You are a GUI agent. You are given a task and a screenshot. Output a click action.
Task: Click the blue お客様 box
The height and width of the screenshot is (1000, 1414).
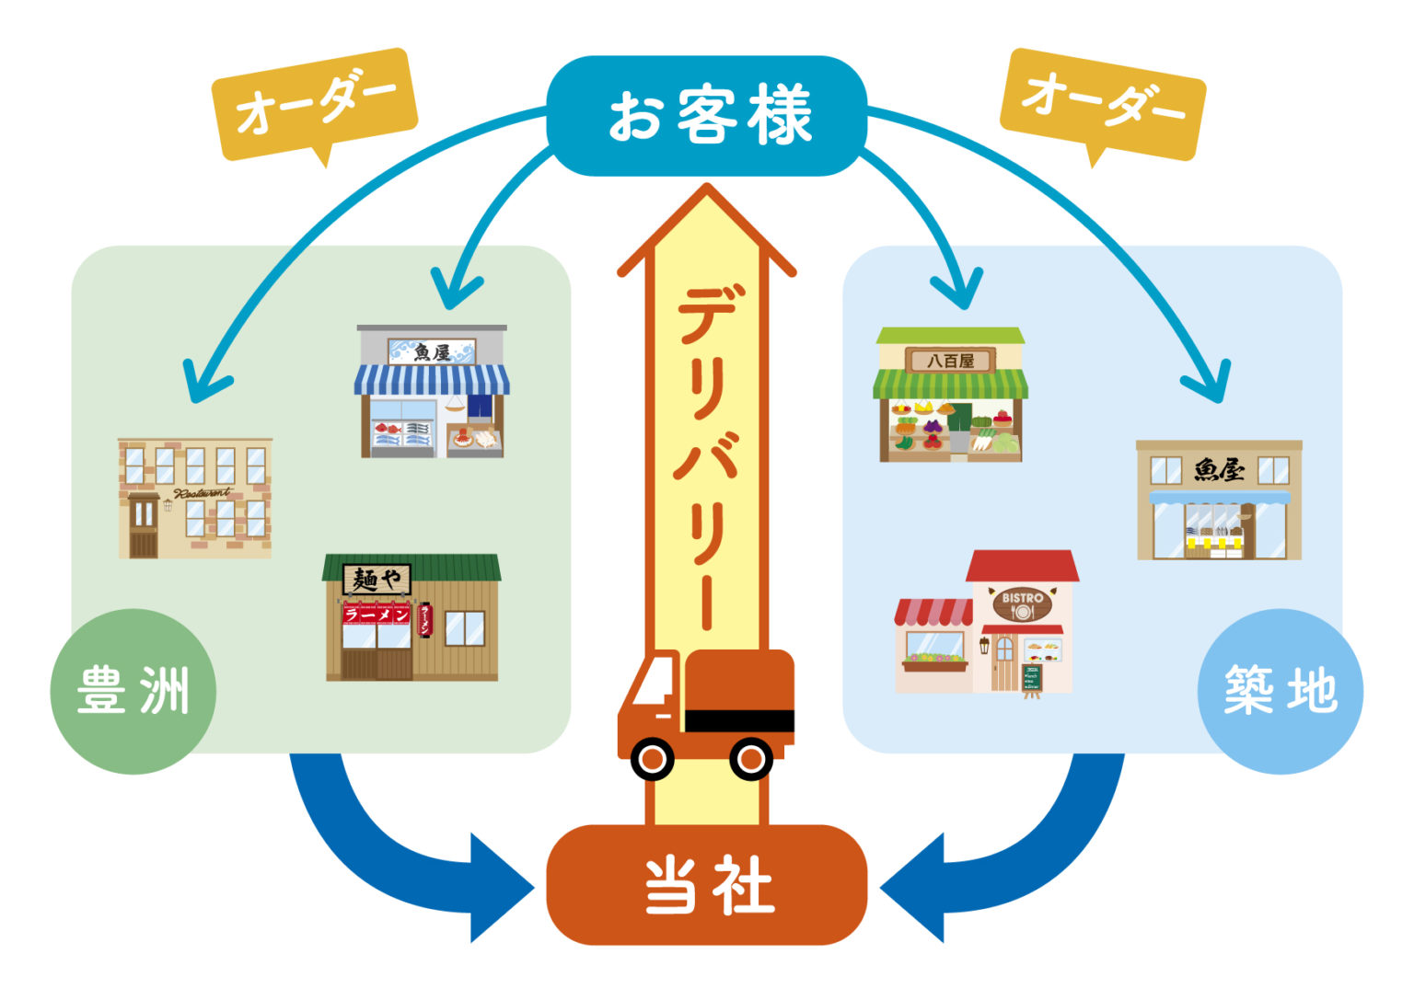click(x=707, y=116)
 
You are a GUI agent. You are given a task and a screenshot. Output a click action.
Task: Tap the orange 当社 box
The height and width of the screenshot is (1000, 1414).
click(x=707, y=885)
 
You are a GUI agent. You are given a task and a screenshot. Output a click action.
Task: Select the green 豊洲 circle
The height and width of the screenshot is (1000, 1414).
click(x=133, y=691)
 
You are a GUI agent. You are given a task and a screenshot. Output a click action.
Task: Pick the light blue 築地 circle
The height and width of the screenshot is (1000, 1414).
click(x=1280, y=691)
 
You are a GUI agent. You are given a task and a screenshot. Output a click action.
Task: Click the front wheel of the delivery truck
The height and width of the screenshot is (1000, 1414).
click(x=653, y=759)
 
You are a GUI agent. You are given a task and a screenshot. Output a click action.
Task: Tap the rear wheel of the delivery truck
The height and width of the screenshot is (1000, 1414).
click(x=750, y=759)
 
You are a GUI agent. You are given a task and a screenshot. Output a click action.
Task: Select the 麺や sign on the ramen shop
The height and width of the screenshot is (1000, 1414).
click(x=377, y=580)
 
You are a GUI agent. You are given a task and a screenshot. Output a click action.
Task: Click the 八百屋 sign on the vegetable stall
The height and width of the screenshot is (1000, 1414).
click(x=950, y=361)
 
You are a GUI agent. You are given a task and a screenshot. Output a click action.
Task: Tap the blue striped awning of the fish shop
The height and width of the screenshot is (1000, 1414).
click(x=432, y=379)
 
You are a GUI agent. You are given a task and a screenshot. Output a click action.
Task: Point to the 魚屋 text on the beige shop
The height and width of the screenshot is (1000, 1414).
click(x=1219, y=470)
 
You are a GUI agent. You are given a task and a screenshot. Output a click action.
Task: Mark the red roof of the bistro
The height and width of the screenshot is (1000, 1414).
click(x=1022, y=566)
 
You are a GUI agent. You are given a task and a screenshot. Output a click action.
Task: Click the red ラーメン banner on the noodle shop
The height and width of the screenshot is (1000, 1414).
click(x=377, y=615)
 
